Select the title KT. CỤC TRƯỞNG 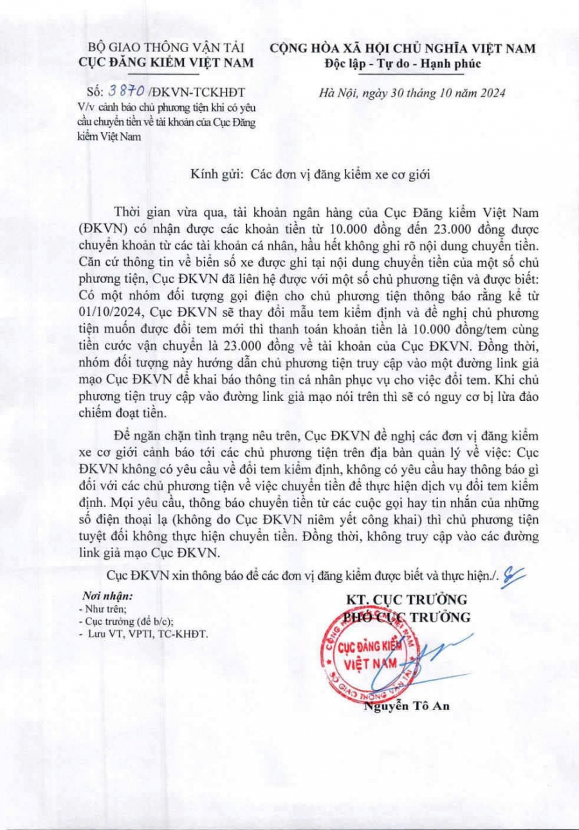coord(407,600)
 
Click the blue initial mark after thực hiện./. coord(515,575)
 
